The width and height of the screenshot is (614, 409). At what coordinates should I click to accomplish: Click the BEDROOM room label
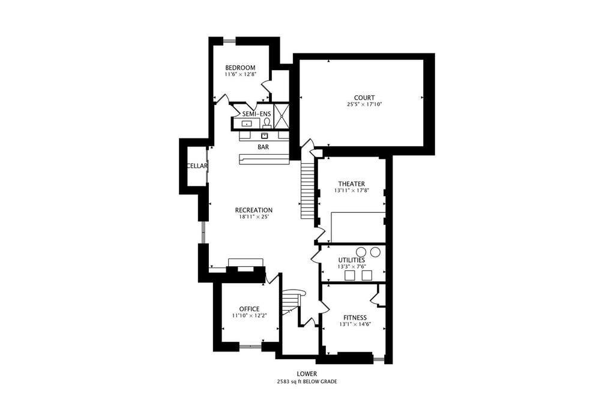pyautogui.click(x=240, y=68)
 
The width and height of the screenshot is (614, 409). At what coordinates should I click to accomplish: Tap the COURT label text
pyautogui.click(x=364, y=98)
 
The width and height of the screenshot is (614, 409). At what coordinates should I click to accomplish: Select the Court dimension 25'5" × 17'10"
pyautogui.click(x=364, y=104)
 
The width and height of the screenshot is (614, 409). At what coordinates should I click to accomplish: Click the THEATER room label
pyautogui.click(x=352, y=184)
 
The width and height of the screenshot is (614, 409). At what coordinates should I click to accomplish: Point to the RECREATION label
pyautogui.click(x=254, y=210)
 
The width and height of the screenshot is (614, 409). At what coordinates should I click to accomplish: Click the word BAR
pyautogui.click(x=263, y=147)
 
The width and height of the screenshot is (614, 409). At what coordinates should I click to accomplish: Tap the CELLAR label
pyautogui.click(x=197, y=166)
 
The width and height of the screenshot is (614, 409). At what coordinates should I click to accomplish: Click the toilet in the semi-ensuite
pyautogui.click(x=267, y=124)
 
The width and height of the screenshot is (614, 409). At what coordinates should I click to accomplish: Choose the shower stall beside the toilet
pyautogui.click(x=281, y=116)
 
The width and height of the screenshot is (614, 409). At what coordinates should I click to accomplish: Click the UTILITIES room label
pyautogui.click(x=352, y=260)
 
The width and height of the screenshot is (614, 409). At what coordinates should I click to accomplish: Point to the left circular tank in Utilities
pyautogui.click(x=361, y=252)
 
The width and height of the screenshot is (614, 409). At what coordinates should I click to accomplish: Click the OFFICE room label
pyautogui.click(x=250, y=309)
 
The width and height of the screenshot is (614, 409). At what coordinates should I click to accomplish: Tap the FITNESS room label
pyautogui.click(x=355, y=317)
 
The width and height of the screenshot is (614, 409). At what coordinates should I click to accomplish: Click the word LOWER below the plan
pyautogui.click(x=307, y=374)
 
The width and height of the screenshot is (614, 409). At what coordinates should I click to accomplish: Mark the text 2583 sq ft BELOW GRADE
pyautogui.click(x=307, y=381)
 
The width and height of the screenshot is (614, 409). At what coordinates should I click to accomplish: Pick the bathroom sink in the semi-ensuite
pyautogui.click(x=247, y=124)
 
